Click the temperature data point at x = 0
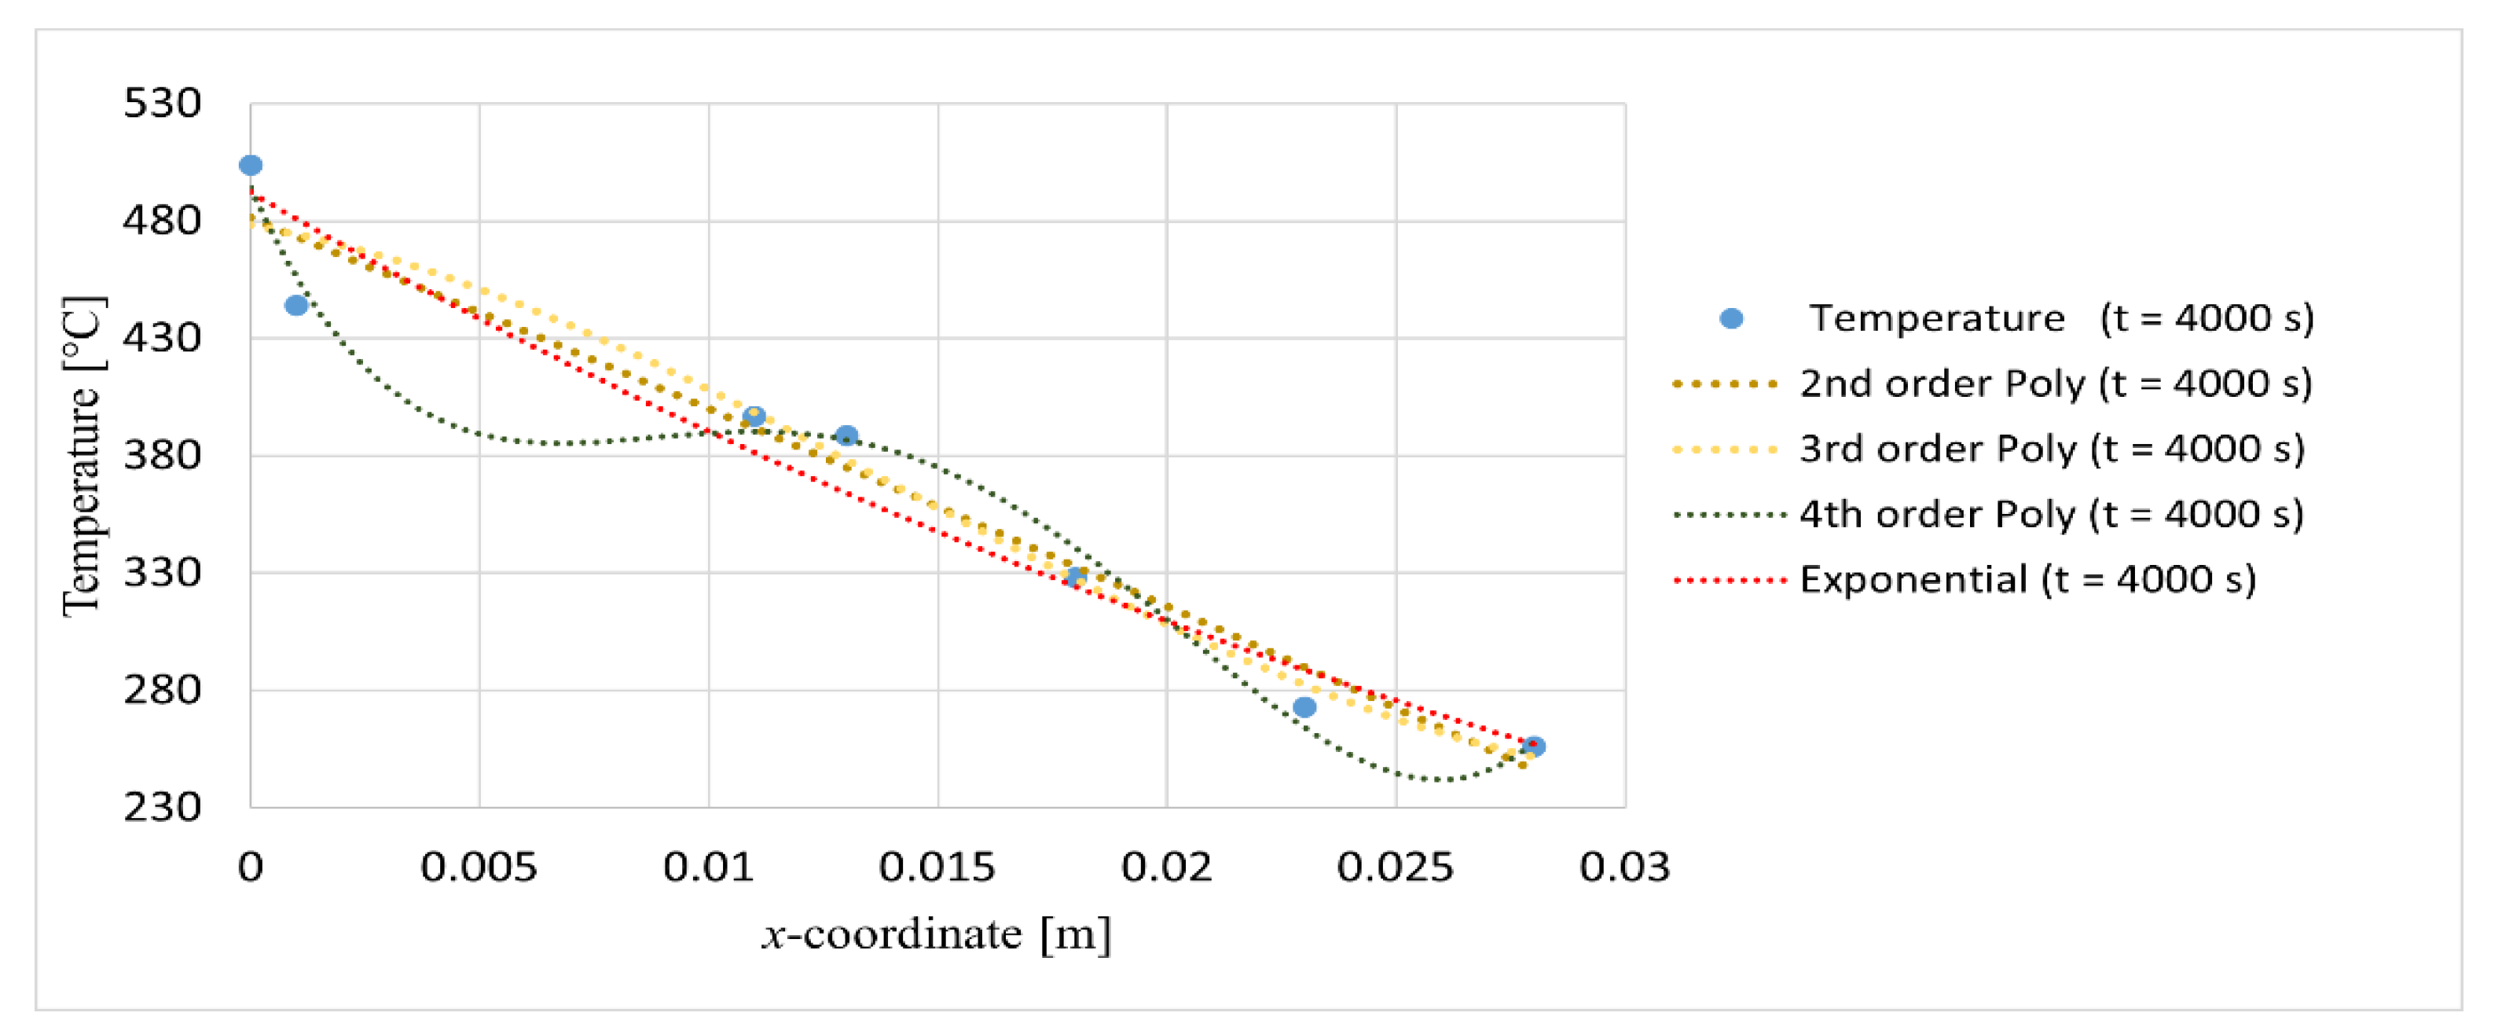(251, 165)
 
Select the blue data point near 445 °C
(296, 305)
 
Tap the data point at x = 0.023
(1304, 707)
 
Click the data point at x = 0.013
(846, 435)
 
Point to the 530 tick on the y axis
(162, 103)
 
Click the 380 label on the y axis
(162, 455)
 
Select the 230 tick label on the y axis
(162, 806)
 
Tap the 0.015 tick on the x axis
(937, 867)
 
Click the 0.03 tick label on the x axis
(1625, 867)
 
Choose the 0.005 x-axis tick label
(479, 867)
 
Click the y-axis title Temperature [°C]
(83, 457)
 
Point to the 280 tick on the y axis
(162, 690)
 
